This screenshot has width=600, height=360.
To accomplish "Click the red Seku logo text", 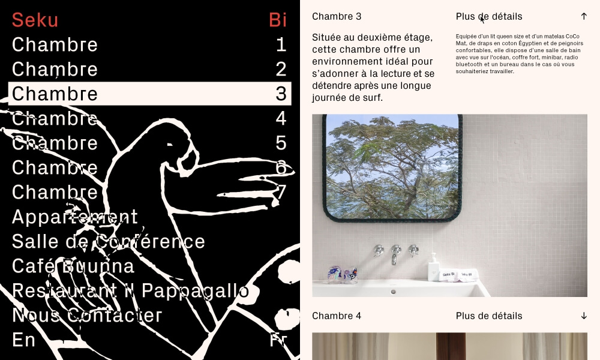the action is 35,20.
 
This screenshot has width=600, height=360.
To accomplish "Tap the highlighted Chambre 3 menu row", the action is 149,94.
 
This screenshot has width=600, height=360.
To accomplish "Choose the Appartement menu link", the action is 74,217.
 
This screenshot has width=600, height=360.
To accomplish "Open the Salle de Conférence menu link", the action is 108,241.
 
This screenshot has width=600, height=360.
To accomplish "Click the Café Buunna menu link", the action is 73,266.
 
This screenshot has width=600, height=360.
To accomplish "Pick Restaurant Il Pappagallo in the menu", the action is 130,291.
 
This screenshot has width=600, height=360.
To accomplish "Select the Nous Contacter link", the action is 87,315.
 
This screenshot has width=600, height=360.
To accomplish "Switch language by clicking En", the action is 23,340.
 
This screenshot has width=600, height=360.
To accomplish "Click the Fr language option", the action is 278,340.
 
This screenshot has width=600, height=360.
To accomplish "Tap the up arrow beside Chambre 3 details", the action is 584,16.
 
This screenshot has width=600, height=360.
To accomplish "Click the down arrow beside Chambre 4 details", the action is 584,316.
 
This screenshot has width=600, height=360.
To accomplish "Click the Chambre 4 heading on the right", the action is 337,316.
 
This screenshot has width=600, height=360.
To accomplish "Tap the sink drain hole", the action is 393,292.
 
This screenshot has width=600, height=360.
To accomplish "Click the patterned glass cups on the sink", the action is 343,275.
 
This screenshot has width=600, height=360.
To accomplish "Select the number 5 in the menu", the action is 281,143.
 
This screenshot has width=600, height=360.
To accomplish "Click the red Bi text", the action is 278,20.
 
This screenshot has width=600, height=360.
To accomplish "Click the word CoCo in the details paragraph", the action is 572,37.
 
